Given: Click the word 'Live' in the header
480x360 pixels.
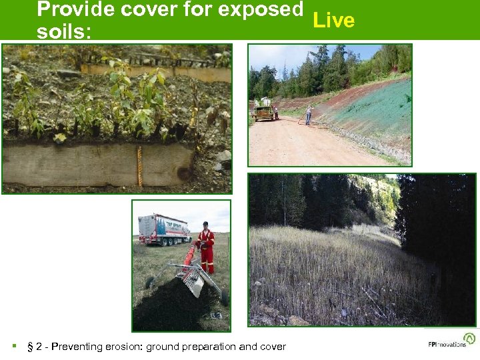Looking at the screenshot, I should pyautogui.click(x=333, y=21).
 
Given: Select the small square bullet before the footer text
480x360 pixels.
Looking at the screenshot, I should pyautogui.click(x=14, y=347).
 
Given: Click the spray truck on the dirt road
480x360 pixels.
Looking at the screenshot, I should pyautogui.click(x=263, y=111).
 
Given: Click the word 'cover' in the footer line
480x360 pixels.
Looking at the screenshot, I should pyautogui.click(x=273, y=347).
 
